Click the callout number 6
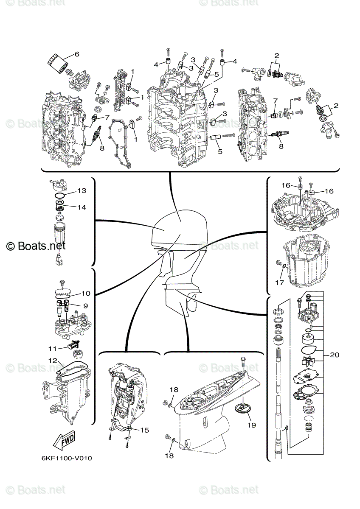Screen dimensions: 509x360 click(77, 54)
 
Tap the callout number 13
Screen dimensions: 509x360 click(82, 191)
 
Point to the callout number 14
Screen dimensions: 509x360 click(82, 207)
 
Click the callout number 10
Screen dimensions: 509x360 click(85, 293)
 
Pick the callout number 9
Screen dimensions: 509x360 click(85, 305)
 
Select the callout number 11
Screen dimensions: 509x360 click(52, 349)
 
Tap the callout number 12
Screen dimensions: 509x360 click(52, 361)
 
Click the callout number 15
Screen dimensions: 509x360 click(144, 430)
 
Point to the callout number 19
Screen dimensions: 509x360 click(251, 425)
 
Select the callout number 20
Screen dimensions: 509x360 click(335, 355)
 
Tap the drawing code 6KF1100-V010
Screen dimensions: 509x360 click(67, 459)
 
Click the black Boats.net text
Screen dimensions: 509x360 click(36, 245)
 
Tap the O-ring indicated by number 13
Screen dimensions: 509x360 click(61, 196)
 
